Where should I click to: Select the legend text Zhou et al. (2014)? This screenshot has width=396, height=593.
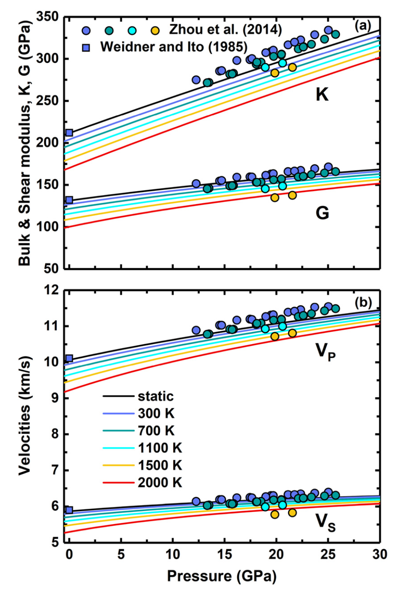click(x=225, y=30)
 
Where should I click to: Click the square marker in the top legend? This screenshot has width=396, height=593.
click(x=86, y=47)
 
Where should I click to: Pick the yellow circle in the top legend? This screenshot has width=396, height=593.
click(x=155, y=30)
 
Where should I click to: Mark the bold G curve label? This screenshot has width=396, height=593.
click(x=322, y=213)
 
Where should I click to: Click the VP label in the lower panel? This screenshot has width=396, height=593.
click(x=326, y=351)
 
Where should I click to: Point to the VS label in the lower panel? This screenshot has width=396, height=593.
click(x=326, y=522)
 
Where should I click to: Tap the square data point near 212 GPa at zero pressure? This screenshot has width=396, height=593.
click(x=69, y=133)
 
